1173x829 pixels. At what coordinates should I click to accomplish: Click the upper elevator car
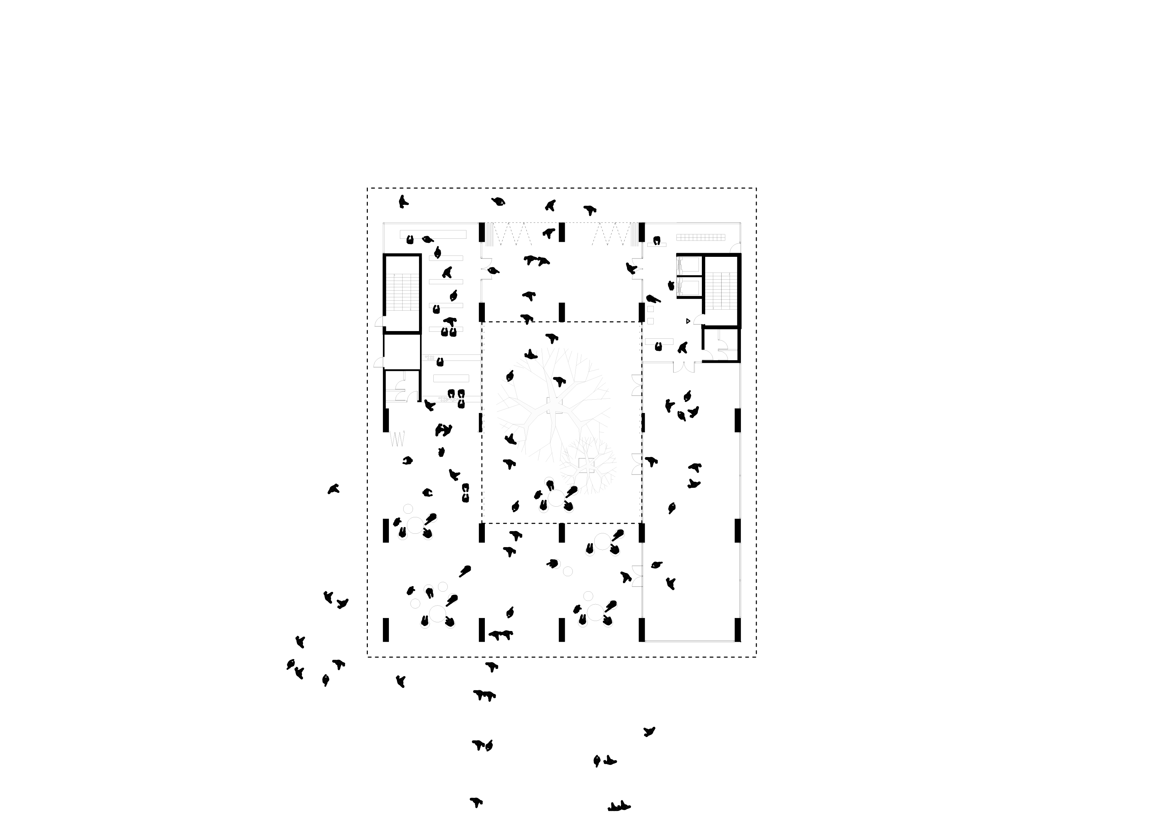click(689, 265)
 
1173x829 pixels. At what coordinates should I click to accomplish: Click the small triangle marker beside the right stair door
click(688, 321)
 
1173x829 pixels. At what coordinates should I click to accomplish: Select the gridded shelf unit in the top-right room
click(701, 237)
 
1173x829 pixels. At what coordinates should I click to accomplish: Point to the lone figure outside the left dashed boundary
click(334, 489)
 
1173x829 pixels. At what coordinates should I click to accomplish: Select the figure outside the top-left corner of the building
click(404, 202)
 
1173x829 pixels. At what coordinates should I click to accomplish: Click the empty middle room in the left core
click(402, 351)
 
